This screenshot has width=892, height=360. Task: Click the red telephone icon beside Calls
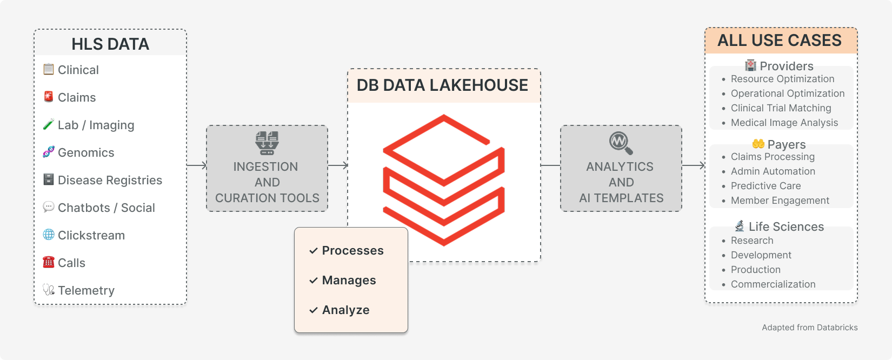49,262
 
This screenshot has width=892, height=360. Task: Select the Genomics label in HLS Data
86,152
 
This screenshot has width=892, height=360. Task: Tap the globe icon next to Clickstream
49,235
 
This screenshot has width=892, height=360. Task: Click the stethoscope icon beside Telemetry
49,290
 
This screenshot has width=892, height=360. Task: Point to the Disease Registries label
110,180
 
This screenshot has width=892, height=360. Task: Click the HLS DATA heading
110,44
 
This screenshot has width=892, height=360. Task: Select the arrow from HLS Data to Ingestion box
197,165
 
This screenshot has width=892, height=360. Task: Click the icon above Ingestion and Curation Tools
267,143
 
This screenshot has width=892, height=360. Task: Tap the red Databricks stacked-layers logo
444,179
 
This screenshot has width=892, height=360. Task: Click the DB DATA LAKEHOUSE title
442,85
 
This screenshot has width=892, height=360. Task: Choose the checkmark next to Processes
313,251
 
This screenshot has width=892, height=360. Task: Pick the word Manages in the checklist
349,280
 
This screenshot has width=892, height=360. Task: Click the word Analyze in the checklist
345,310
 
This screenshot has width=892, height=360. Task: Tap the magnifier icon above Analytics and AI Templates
621,143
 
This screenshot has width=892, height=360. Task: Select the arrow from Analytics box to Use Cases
694,165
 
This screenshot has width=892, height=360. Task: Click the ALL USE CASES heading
780,41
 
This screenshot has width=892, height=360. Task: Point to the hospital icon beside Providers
750,65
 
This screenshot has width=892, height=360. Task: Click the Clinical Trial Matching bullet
781,108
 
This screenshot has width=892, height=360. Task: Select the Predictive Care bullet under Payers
765,186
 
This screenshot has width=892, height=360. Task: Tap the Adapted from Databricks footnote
809,328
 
